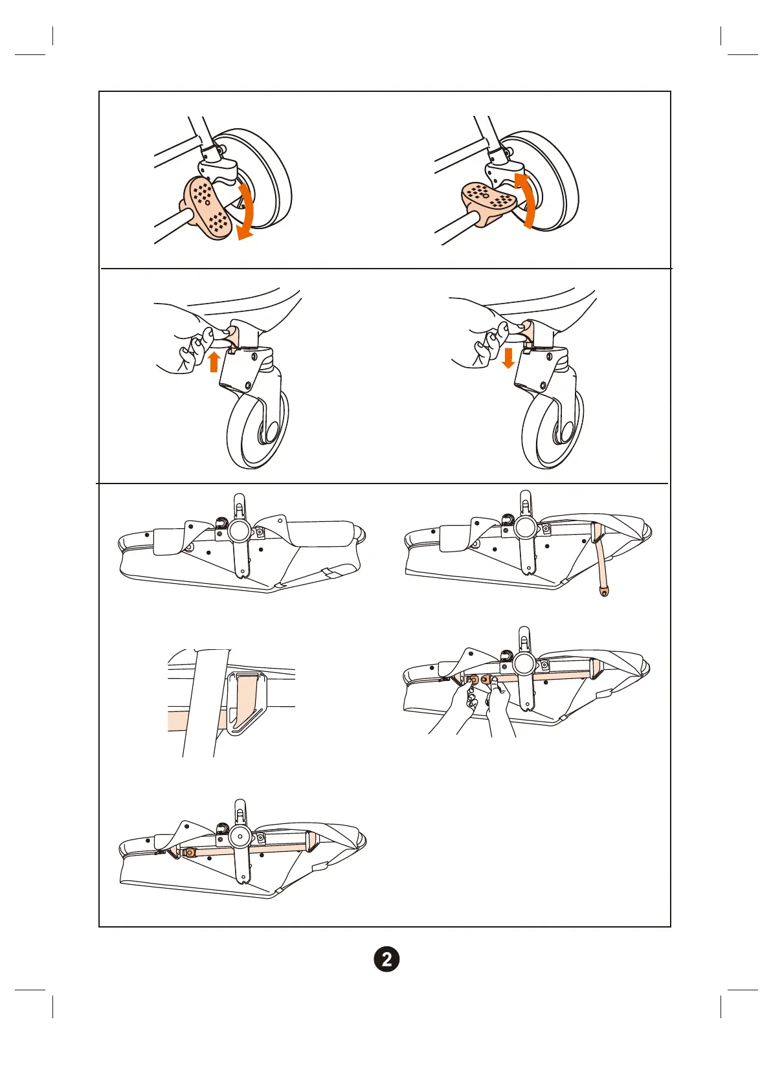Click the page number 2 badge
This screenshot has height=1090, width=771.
tap(386, 959)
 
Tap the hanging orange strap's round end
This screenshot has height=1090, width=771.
tap(604, 590)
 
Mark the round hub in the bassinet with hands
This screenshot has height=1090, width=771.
tap(524, 664)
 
